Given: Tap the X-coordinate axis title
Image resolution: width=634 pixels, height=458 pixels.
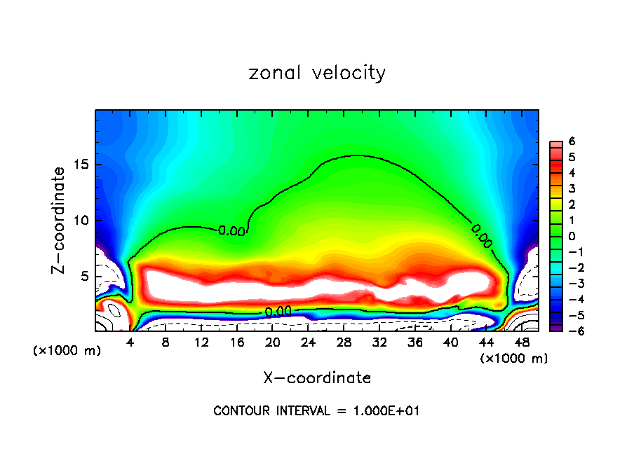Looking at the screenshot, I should [317, 378].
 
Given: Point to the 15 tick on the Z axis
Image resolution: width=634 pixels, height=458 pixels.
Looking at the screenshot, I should [84, 165].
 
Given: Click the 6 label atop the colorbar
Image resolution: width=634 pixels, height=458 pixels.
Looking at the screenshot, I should [572, 141].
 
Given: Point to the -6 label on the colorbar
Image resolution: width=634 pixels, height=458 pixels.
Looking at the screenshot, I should [569, 331].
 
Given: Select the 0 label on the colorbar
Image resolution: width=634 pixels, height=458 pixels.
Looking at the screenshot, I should [572, 236].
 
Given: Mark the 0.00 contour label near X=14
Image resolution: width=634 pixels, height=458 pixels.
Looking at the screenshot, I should [231, 230].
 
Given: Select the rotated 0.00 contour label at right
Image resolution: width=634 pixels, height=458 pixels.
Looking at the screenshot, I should [482, 236].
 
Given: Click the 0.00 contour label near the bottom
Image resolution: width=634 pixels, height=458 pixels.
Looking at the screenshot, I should [278, 312].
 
